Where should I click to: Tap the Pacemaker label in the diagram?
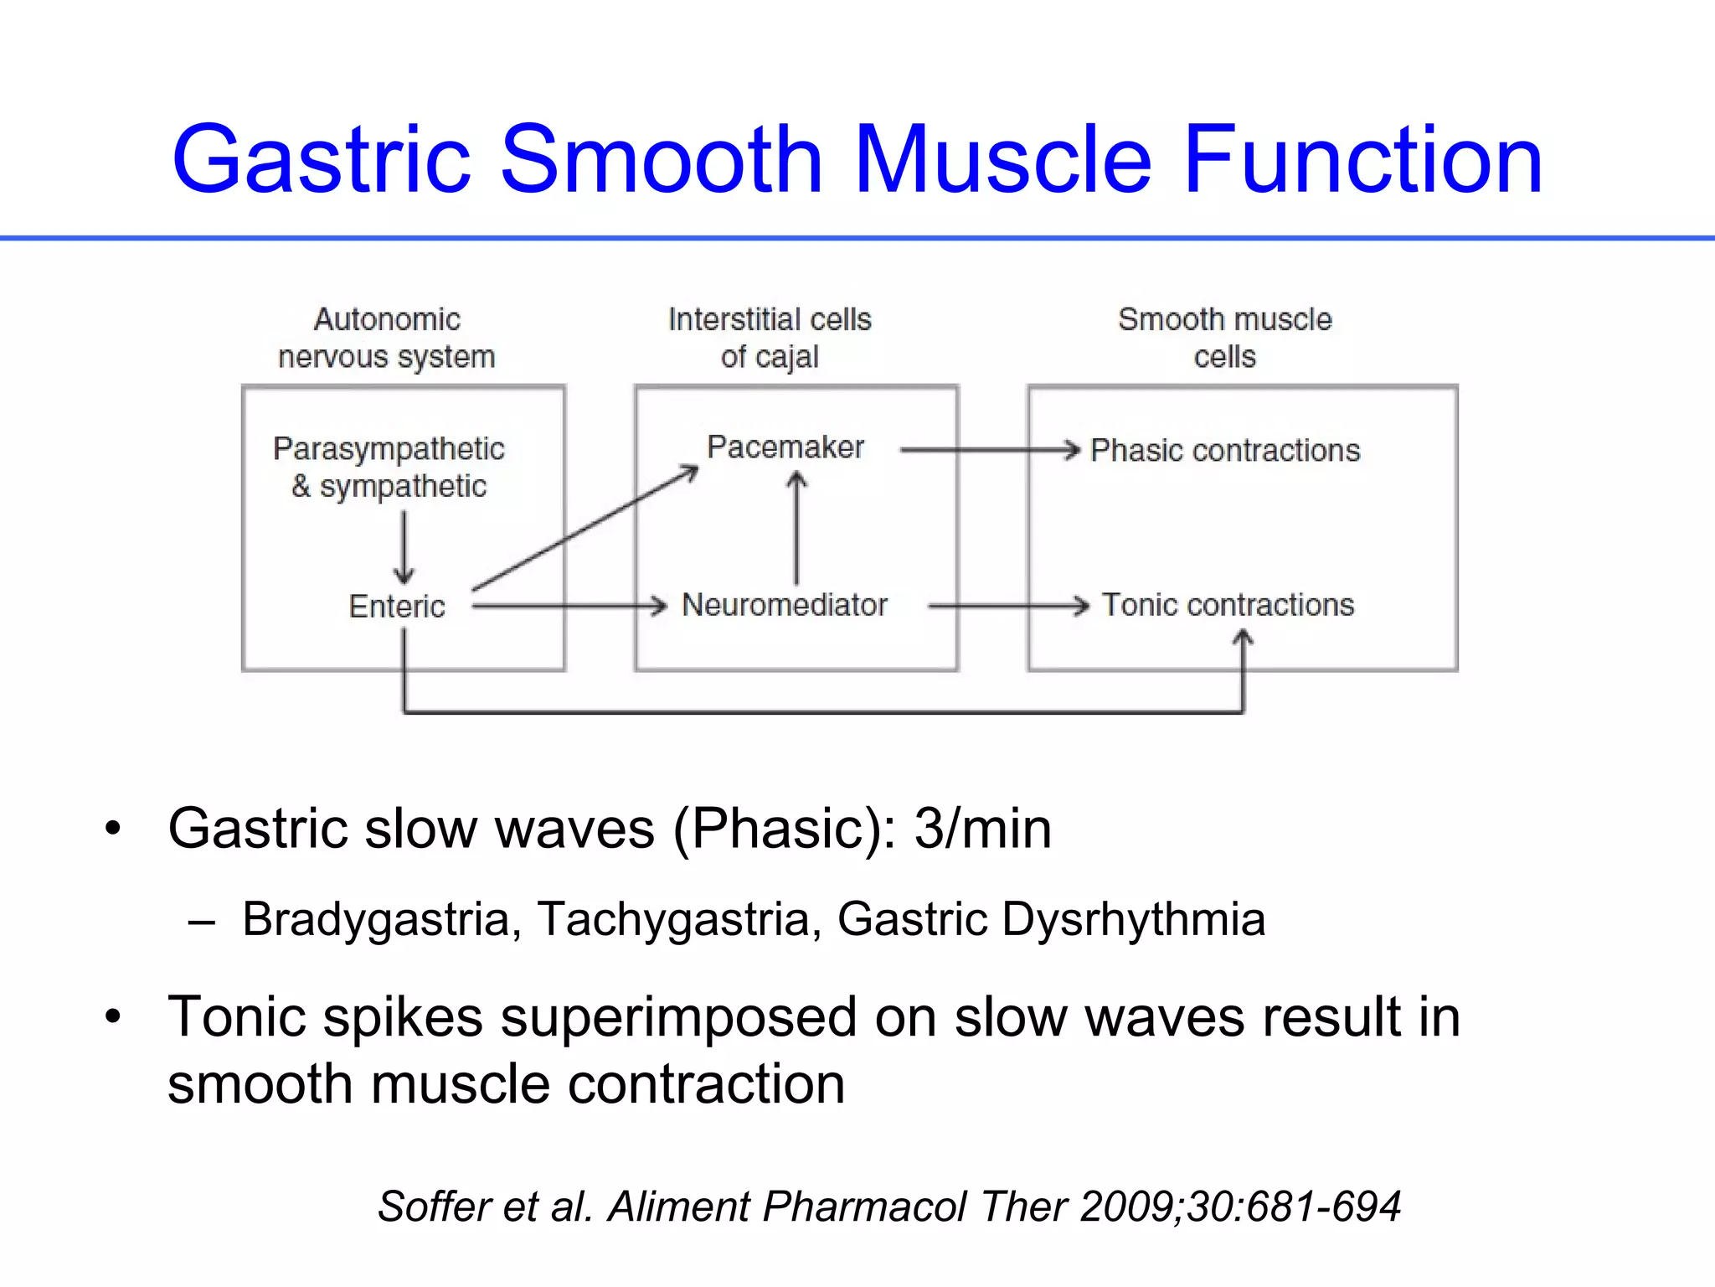coord(785,447)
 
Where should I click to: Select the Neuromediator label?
coord(785,605)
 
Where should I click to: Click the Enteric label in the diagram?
coord(396,607)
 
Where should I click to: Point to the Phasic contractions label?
coord(1224,451)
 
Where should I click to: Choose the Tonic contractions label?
coord(1228,605)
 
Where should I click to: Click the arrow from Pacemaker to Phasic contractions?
coord(988,450)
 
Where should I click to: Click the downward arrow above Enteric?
coord(404,548)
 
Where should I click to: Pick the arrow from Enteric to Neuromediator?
coord(569,605)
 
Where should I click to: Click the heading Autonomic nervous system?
coord(387,338)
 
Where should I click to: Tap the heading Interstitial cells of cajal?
coord(770,338)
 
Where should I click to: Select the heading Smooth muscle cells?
coord(1224,338)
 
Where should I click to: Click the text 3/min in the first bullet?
coord(982,829)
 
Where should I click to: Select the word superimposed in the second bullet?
coord(678,1017)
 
